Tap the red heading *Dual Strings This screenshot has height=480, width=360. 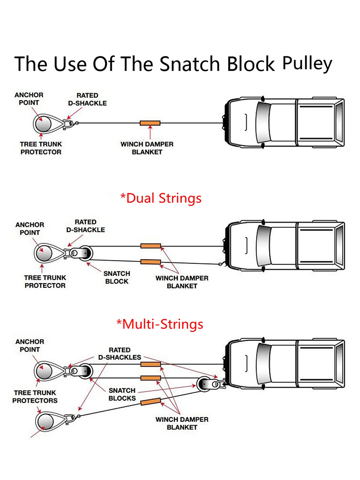point(161,198)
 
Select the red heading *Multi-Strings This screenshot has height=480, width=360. point(160,324)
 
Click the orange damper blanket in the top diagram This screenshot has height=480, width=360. point(150,123)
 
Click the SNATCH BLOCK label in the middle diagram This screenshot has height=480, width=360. point(117,277)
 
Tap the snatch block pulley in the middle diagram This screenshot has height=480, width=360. point(85,253)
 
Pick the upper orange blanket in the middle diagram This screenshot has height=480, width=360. point(150,246)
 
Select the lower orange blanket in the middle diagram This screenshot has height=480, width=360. point(150,262)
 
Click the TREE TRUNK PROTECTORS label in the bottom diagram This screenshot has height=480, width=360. point(35,397)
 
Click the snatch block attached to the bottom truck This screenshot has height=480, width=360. point(204,384)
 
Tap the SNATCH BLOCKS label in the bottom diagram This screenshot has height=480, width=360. point(122,394)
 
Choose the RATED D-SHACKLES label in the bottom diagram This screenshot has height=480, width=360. point(119,353)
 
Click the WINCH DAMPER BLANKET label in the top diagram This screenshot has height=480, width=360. point(147,148)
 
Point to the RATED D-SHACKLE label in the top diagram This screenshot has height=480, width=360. point(87,99)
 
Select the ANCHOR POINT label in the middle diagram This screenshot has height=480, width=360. point(30,229)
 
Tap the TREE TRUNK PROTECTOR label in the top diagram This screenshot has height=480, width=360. point(41,148)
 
